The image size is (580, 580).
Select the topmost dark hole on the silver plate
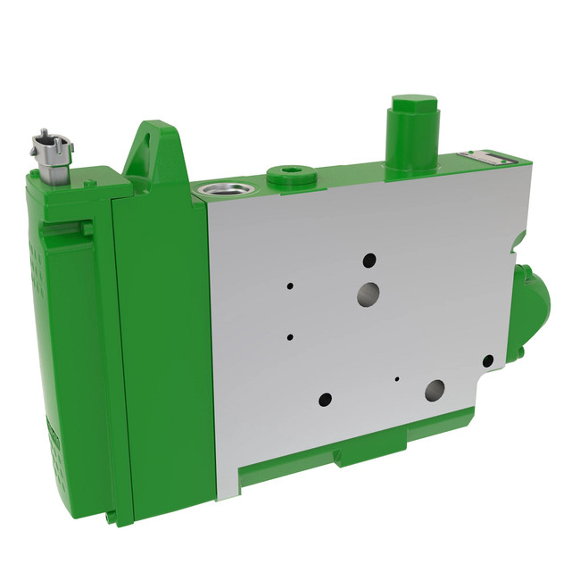[369, 261]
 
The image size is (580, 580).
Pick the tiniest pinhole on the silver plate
[397, 377]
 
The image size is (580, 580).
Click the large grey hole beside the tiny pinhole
[435, 389]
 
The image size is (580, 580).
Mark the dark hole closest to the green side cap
[488, 361]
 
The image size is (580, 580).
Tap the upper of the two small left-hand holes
[290, 286]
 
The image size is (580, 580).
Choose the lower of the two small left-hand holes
[290, 337]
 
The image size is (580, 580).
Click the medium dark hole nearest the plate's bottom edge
[326, 399]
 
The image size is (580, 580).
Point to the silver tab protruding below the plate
[228, 486]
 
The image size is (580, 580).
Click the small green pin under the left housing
[110, 516]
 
